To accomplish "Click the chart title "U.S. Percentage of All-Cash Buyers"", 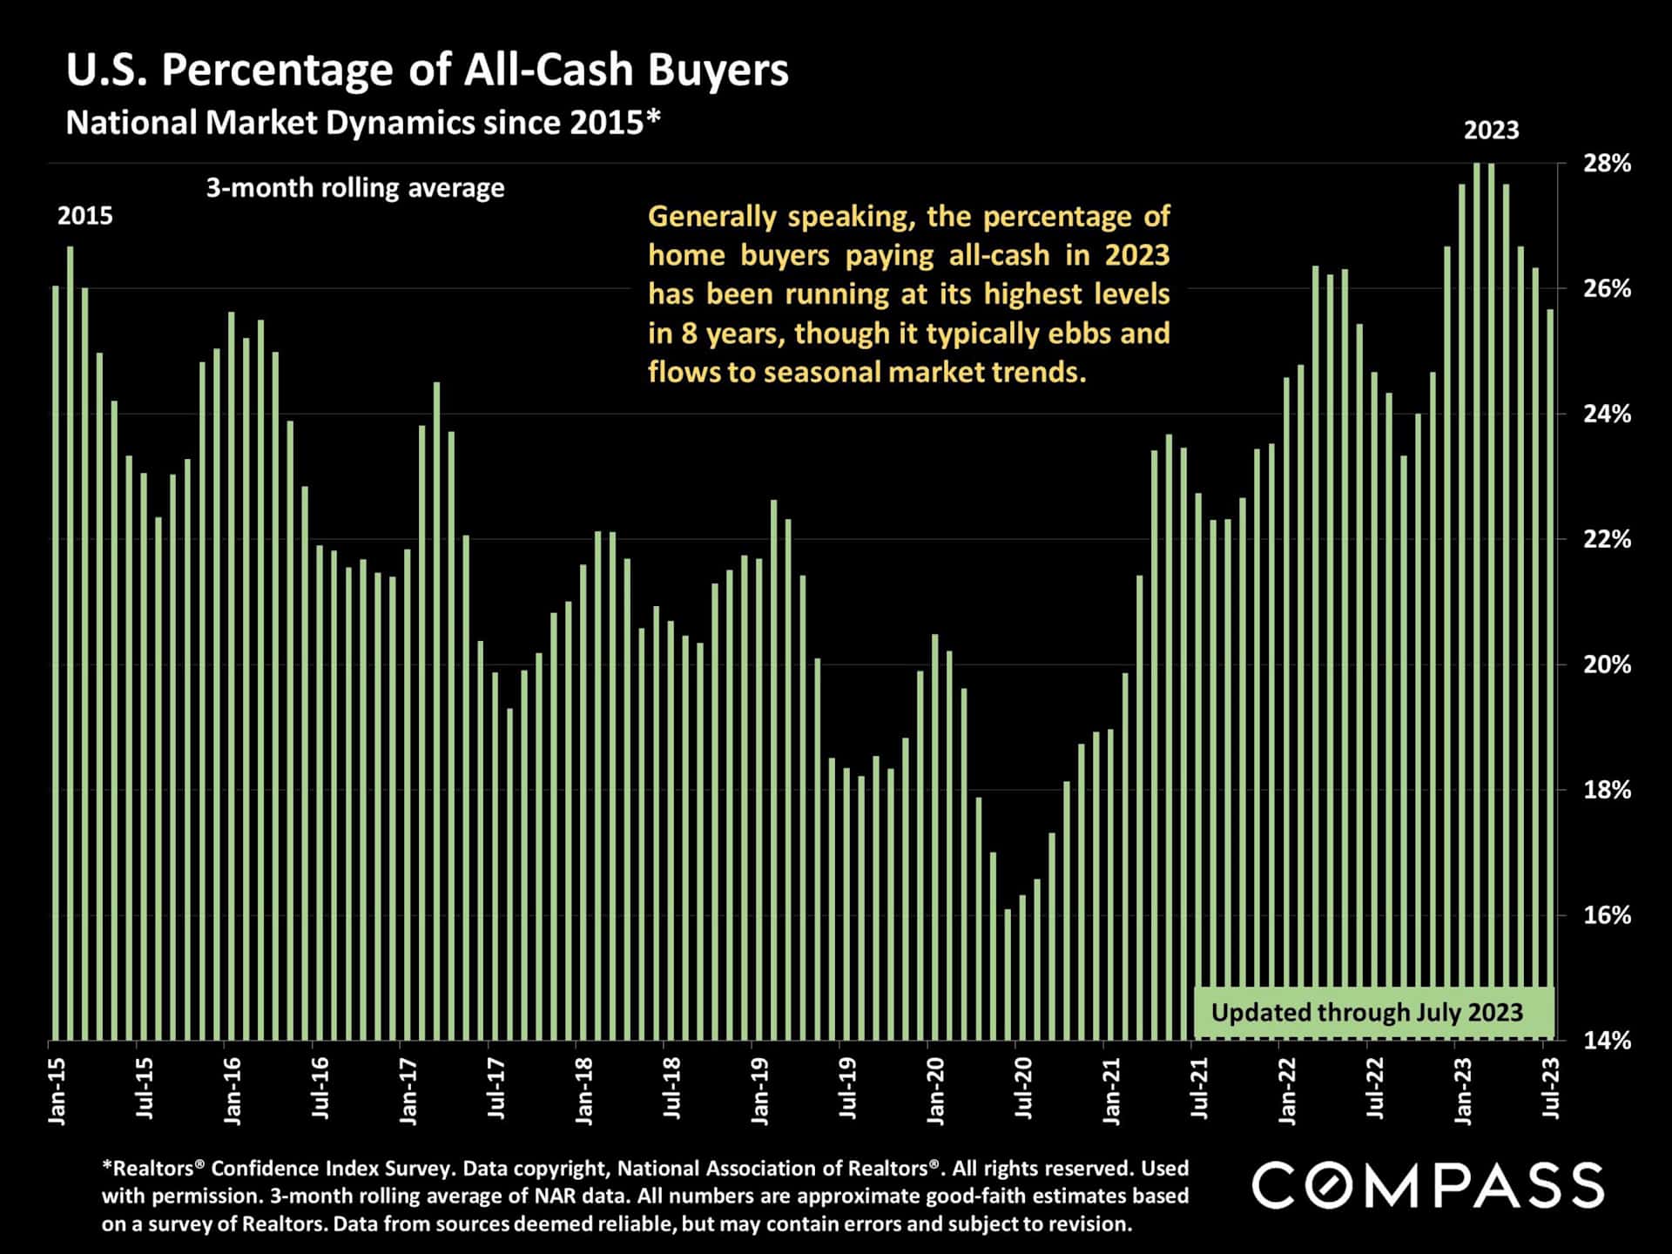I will coord(427,70).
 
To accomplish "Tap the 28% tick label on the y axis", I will coord(1607,164).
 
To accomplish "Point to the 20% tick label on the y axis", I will coord(1607,665).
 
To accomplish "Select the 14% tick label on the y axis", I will coord(1607,1041).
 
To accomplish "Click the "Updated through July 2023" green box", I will coord(1367,1012).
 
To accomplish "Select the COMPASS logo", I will coord(1428,1186).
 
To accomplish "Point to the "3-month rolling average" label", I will coord(355,188).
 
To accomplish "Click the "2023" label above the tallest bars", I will coord(1491,131).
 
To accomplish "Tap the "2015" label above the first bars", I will coord(85,216).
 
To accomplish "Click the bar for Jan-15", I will coord(56,662).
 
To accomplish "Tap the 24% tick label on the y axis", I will coord(1607,415).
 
